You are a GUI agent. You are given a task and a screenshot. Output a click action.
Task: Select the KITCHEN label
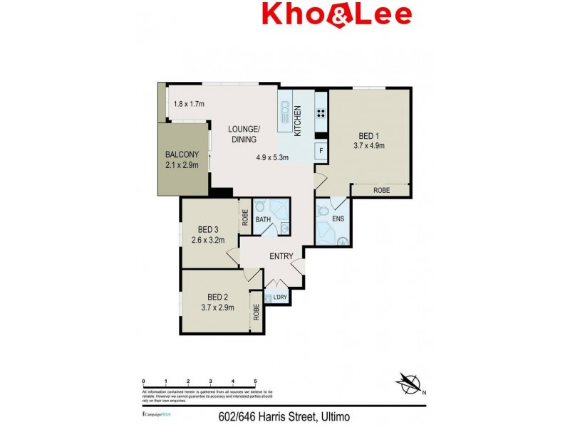[x=298, y=120]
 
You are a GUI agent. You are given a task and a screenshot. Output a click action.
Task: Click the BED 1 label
[x=369, y=136]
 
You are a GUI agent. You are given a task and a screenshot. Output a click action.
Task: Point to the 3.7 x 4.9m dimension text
[x=369, y=147]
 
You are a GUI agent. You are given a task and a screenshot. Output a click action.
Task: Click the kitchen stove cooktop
[x=321, y=112]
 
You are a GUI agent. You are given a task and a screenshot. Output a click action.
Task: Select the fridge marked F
[x=321, y=151]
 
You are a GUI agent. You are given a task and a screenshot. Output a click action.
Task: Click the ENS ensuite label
[x=338, y=218]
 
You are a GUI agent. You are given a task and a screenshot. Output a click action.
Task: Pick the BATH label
[x=263, y=220]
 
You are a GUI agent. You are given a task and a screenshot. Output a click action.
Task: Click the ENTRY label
[x=282, y=257]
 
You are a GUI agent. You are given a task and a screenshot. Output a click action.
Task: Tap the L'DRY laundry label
[x=276, y=298]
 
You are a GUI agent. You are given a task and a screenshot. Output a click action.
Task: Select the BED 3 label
[x=207, y=229]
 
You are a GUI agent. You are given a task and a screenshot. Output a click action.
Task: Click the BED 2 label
[x=217, y=297]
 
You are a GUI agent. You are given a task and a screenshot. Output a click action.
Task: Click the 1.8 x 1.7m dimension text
[x=189, y=105]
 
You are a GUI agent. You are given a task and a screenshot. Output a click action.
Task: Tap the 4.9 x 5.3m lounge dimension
[x=273, y=158]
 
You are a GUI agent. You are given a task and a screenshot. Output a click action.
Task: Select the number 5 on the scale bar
[x=255, y=381]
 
